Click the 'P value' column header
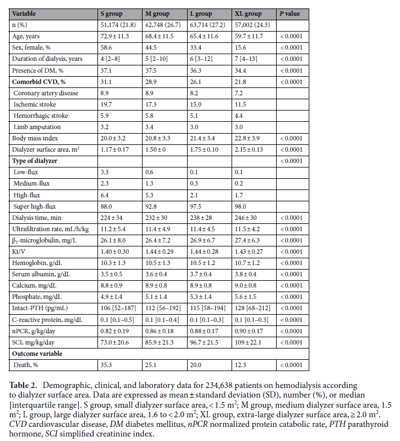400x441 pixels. tap(290, 12)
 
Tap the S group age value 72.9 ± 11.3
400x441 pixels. tap(114, 37)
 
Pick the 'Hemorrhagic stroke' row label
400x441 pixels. tap(40, 116)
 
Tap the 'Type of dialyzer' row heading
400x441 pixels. tap(37, 161)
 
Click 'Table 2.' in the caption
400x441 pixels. tap(24, 383)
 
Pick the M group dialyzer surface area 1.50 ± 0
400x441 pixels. tap(159, 149)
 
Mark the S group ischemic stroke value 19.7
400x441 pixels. tap(105, 104)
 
